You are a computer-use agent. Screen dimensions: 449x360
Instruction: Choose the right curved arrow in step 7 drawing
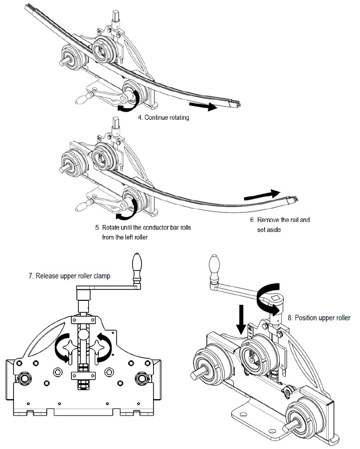coord(104,345)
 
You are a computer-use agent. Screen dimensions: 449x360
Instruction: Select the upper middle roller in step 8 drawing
coord(254,355)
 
